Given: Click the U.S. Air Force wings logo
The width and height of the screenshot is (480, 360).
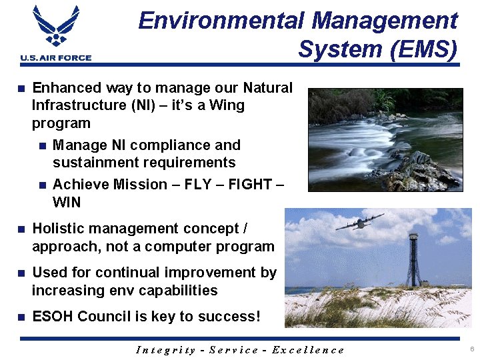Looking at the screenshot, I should point(55,27).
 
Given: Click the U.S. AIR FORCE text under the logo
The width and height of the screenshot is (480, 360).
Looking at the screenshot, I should point(56,58).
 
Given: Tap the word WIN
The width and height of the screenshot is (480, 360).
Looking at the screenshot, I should point(67,201).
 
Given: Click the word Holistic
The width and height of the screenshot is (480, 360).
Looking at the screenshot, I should point(59,229).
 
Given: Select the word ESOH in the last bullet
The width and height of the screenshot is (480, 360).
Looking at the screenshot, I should point(53,317).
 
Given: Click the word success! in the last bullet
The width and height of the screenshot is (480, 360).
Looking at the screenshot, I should point(230,317).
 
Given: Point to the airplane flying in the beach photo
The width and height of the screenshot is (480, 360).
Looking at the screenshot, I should point(359,222).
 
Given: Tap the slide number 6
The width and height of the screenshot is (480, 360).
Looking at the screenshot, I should point(471,349).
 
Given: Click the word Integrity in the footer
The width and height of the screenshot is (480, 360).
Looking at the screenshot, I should point(165,350).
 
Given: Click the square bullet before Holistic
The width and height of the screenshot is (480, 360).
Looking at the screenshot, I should point(21,229).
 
